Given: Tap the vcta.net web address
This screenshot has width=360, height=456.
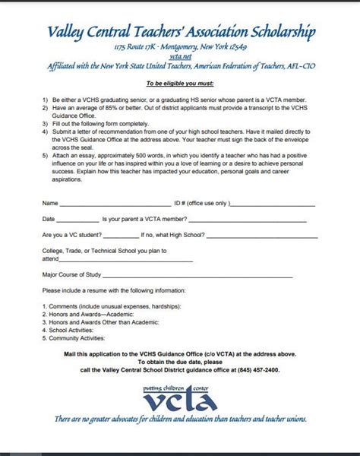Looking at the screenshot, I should (180, 55).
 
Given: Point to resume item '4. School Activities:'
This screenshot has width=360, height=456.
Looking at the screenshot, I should (71, 330).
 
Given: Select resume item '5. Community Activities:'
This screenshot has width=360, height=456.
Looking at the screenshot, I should (77, 337).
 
